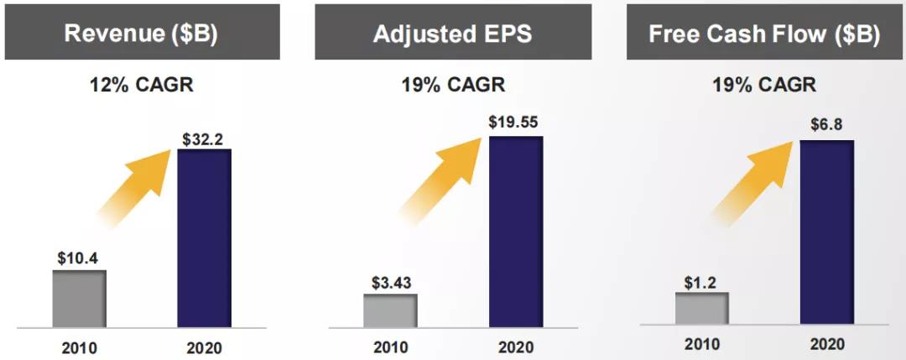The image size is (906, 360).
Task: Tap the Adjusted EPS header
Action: [453, 34]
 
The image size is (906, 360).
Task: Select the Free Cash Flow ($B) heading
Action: [763, 34]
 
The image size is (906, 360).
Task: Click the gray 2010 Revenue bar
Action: [80, 298]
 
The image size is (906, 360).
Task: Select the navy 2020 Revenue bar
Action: [204, 237]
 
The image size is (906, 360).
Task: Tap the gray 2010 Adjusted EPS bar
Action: [390, 310]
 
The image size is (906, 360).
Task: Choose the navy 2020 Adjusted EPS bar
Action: [516, 231]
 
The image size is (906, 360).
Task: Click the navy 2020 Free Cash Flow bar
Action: [826, 232]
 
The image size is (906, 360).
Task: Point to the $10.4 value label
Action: [80, 258]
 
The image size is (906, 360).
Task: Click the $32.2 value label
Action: [204, 138]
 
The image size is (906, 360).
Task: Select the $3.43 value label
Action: [390, 282]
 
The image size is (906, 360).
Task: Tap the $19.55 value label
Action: [515, 123]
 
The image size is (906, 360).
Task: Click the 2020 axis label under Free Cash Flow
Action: [826, 344]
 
